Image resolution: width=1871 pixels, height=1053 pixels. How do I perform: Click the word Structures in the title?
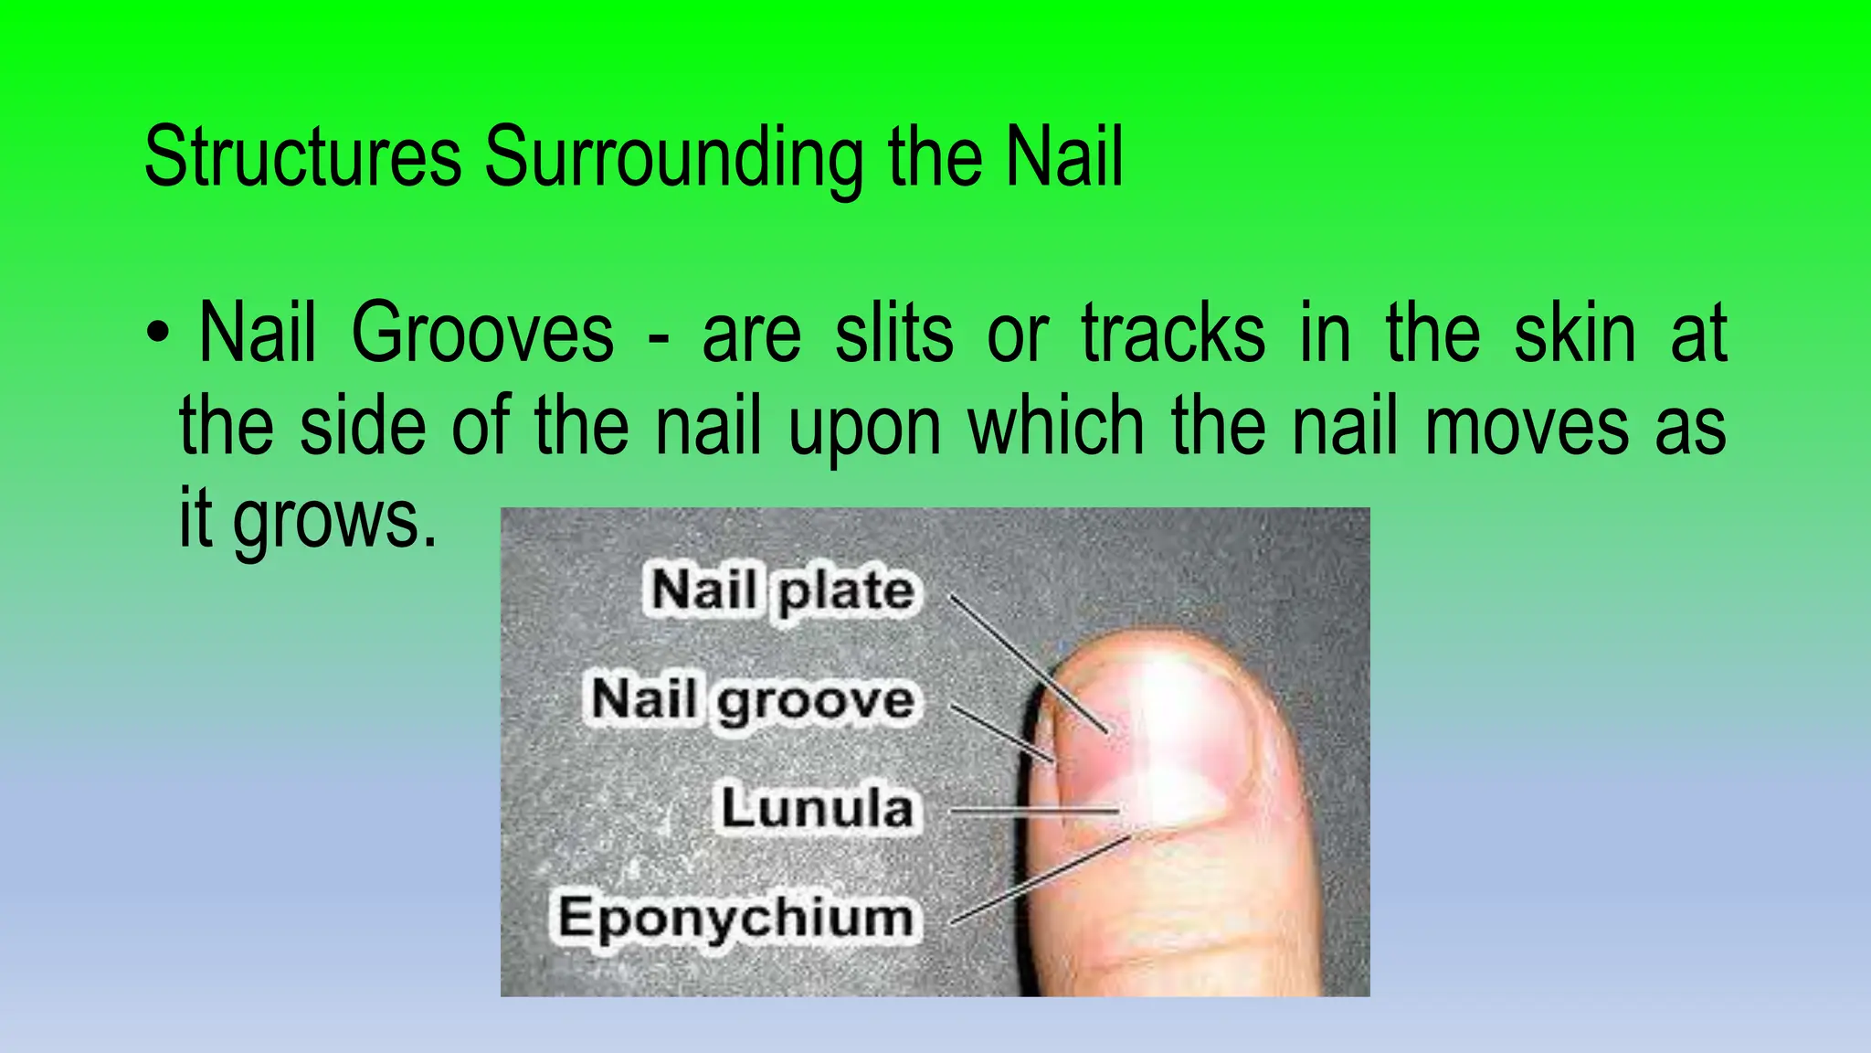(302, 157)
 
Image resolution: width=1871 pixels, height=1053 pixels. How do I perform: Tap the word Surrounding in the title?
(674, 157)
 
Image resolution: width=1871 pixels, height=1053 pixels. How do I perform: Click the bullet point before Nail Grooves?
(158, 334)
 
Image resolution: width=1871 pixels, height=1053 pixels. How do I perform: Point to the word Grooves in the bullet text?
(482, 334)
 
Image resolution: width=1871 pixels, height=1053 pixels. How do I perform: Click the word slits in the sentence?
(893, 334)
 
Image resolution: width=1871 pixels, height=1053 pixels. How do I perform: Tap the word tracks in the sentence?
(1173, 334)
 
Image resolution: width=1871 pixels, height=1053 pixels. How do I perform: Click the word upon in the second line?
(863, 428)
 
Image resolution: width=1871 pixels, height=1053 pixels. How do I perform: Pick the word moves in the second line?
(1527, 428)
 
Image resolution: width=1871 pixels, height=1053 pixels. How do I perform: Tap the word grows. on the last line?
(335, 521)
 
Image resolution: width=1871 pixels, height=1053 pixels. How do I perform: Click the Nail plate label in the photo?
(782, 590)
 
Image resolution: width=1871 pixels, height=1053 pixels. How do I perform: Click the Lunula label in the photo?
(817, 808)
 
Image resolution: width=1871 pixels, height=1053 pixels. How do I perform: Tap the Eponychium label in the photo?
(735, 917)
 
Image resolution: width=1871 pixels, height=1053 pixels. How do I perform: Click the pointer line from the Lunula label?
(1032, 810)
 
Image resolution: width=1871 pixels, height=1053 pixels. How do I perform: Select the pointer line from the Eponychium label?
(1041, 878)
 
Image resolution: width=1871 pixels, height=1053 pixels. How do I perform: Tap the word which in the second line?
(1056, 428)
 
